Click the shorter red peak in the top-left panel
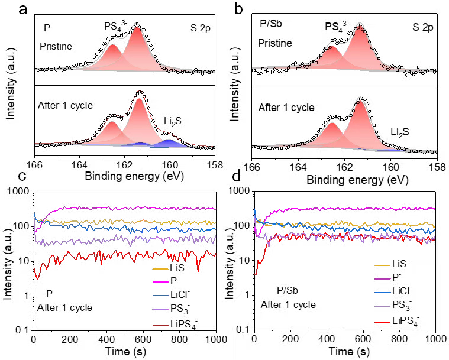pos(112,46)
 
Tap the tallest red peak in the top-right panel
pos(360,27)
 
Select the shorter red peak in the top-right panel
pos(332,48)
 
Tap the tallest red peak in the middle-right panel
pos(360,102)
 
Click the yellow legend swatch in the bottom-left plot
pos(160,269)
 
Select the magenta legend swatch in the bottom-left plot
pos(160,282)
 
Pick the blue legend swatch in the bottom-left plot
pos(160,296)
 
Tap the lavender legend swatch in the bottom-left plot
pos(160,309)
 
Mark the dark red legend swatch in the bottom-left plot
pos(160,325)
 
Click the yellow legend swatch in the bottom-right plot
pos(383,265)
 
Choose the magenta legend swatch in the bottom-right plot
pos(383,278)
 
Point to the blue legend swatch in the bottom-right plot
pos(383,293)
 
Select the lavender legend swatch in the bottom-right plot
pos(383,306)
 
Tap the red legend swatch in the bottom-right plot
pos(383,322)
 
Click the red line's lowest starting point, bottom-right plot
pos(256,274)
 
